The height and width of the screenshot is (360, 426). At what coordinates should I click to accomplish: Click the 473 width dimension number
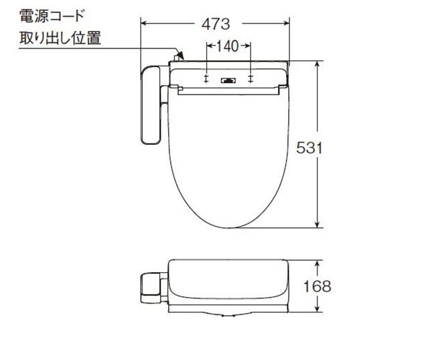(x=216, y=24)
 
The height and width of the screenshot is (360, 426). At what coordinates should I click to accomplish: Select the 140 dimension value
(x=228, y=47)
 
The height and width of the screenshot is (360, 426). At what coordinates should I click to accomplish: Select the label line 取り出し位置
(x=59, y=38)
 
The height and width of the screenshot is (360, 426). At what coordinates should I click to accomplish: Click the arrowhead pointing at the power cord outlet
(x=178, y=54)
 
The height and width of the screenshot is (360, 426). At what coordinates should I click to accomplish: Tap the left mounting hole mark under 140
(x=207, y=80)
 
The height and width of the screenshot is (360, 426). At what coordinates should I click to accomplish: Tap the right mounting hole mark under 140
(x=251, y=80)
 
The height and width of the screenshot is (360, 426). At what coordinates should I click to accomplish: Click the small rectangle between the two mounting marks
(x=228, y=80)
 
